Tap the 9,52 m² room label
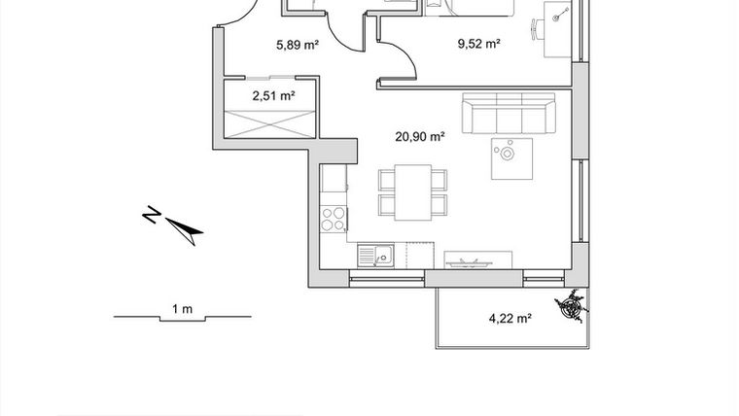(478, 43)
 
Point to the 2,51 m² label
(273, 95)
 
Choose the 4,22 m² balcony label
(509, 317)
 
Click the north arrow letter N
(151, 214)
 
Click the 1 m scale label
(182, 309)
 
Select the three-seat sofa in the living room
(508, 115)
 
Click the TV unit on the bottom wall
(476, 260)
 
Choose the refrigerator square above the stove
(334, 181)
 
